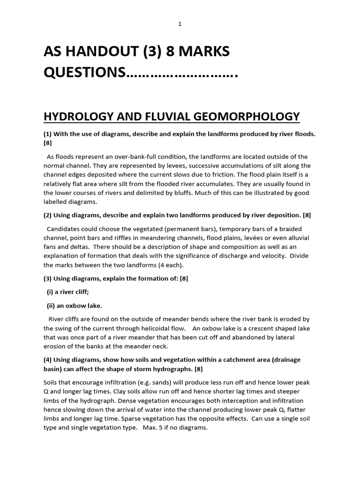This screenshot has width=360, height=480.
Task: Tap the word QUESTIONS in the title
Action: click(85, 73)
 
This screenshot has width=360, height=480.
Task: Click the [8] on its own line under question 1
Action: click(47, 143)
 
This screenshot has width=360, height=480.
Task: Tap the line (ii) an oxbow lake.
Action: click(74, 305)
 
